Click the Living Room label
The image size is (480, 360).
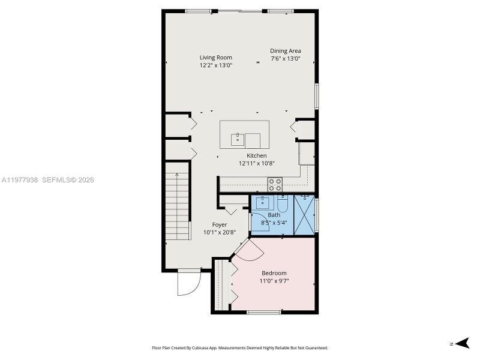click(x=216, y=58)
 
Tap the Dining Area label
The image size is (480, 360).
click(x=285, y=51)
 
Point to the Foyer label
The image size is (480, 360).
click(x=220, y=224)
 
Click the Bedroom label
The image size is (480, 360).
click(x=274, y=273)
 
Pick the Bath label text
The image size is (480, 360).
click(x=274, y=215)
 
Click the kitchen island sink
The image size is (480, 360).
click(x=236, y=140)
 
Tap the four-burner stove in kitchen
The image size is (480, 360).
click(x=275, y=185)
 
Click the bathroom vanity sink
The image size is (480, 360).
click(x=262, y=203)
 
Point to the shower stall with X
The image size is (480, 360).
click(x=305, y=214)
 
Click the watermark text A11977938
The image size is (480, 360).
click(x=20, y=180)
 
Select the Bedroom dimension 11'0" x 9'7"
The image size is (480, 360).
click(x=274, y=281)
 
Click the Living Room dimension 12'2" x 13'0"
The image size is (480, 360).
click(x=216, y=65)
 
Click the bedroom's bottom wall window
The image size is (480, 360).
click(x=263, y=312)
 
